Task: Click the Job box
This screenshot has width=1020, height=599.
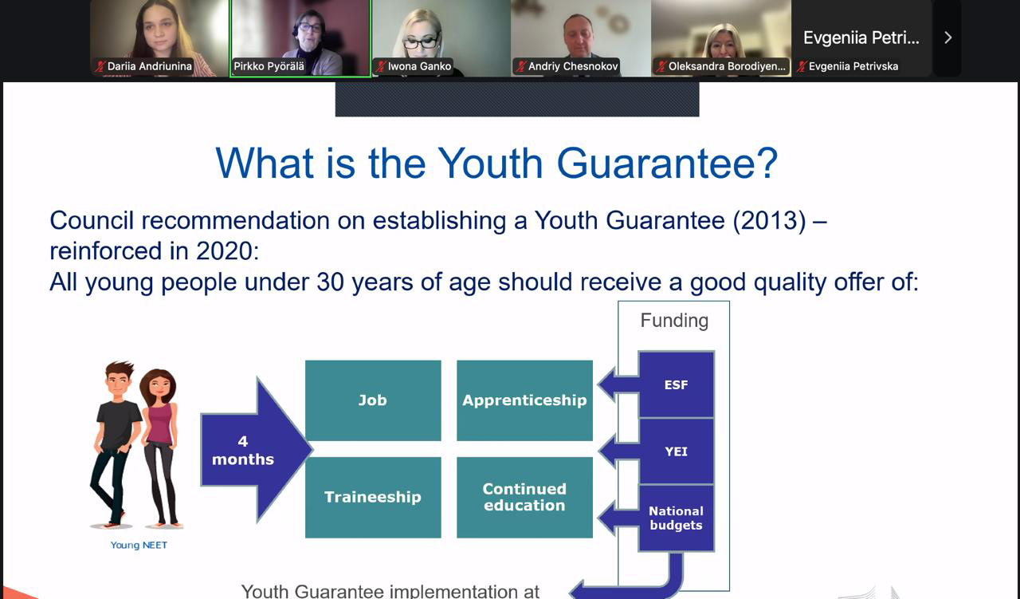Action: pyautogui.click(x=373, y=400)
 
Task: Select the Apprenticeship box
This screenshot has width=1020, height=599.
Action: pyautogui.click(x=524, y=400)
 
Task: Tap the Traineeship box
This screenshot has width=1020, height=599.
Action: pyautogui.click(x=373, y=498)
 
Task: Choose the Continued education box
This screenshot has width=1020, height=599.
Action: pyautogui.click(x=524, y=498)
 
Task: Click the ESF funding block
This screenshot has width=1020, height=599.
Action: pyautogui.click(x=677, y=384)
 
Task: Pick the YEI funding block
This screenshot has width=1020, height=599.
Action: pyautogui.click(x=677, y=451)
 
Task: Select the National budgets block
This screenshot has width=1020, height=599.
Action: pyautogui.click(x=677, y=518)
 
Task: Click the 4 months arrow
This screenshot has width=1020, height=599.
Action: pyautogui.click(x=255, y=450)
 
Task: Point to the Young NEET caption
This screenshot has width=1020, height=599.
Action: pyautogui.click(x=139, y=546)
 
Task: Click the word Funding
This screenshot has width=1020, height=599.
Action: pyautogui.click(x=674, y=321)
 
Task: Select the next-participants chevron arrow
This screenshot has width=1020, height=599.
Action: pyautogui.click(x=948, y=37)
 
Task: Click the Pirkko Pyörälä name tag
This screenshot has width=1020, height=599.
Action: pyautogui.click(x=269, y=66)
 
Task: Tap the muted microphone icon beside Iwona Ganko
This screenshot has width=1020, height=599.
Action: pyautogui.click(x=381, y=66)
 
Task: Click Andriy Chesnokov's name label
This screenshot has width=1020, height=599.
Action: pyautogui.click(x=573, y=66)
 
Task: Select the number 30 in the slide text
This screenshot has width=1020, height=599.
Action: pyautogui.click(x=330, y=282)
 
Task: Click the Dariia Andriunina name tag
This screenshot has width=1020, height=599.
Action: pyautogui.click(x=149, y=66)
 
